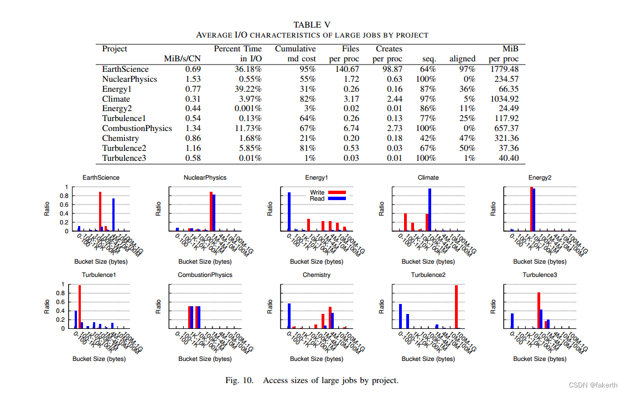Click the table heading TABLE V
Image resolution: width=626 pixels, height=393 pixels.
pos(313,24)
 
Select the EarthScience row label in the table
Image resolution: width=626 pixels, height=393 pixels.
pos(125,69)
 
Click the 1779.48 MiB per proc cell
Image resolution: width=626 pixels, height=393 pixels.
pos(504,69)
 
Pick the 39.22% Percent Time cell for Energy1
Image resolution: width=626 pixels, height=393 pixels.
pos(246,89)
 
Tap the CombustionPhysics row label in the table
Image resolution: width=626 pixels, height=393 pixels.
pos(137,128)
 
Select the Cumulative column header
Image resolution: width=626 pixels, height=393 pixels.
pos(296,49)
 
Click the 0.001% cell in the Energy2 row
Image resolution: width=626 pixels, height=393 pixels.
pos(247,109)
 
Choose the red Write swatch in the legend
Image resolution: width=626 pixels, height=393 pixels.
pos(337,192)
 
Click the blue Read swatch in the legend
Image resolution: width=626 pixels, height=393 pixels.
pos(337,198)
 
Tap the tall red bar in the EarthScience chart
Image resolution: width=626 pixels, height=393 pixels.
pos(100,211)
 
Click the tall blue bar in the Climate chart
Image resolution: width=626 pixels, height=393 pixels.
pos(430,209)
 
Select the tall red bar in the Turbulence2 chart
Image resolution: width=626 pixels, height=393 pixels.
pos(456,307)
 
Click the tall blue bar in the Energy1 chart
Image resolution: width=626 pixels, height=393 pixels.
pos(289,211)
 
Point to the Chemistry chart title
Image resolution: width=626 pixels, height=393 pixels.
pos(317,275)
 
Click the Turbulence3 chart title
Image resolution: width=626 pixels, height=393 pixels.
pos(540,275)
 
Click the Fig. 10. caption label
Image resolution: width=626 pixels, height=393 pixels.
pos(239,380)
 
